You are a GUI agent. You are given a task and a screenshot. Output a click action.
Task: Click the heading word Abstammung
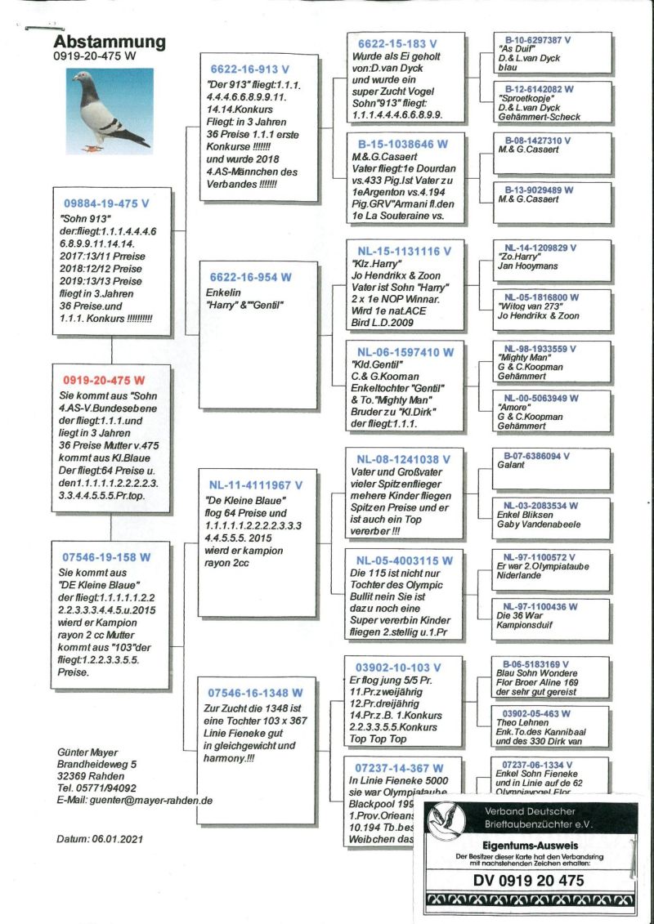click(x=110, y=42)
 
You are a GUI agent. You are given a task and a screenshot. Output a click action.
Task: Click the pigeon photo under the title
click(x=109, y=111)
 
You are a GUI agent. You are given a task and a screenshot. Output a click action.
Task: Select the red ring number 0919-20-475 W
click(x=104, y=381)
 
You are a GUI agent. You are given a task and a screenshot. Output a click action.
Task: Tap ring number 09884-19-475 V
click(x=106, y=201)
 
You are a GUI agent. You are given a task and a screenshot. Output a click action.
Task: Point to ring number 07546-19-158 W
click(x=106, y=557)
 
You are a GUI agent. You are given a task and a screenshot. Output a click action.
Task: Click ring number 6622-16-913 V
click(x=250, y=69)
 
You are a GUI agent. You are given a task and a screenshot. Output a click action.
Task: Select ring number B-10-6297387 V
click(x=537, y=39)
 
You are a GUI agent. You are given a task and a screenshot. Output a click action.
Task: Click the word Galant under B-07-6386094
click(x=511, y=463)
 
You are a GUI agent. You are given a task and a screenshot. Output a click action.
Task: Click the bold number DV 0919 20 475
click(x=528, y=880)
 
